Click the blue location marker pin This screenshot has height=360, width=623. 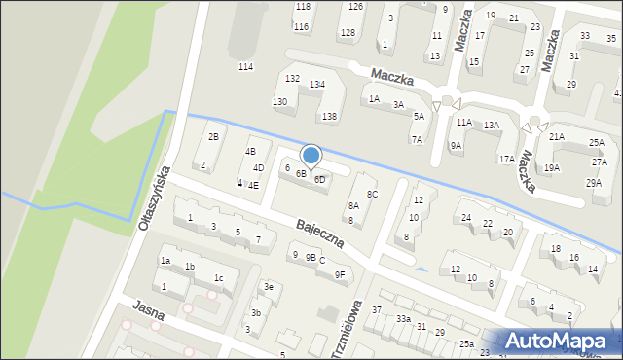311,156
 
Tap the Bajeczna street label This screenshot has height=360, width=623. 320,234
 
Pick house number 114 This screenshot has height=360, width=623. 245,66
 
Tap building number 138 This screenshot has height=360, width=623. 330,117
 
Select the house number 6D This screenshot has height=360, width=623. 319,180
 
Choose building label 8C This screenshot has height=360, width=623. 372,195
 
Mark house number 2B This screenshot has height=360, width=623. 213,137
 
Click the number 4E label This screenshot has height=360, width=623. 253,185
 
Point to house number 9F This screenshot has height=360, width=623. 340,275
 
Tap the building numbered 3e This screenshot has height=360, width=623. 269,287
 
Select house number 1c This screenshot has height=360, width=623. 219,279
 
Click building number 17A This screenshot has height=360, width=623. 506,159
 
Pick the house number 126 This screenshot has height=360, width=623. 355,7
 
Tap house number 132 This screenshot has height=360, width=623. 292,78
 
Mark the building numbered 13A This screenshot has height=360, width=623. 492,126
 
